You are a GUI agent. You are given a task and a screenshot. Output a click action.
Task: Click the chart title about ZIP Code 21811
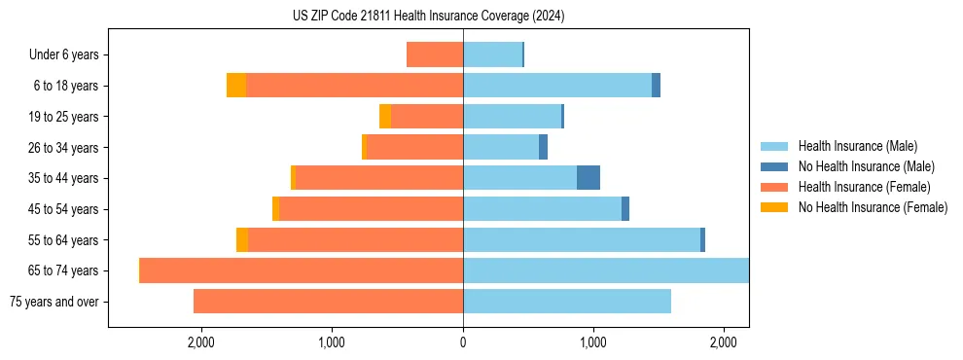pos(428,17)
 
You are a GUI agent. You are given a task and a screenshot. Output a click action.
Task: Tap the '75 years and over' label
pos(54,302)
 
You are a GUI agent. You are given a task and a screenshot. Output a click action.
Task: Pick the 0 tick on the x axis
pos(463,342)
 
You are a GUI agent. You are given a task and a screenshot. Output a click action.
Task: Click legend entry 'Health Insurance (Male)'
pos(857,146)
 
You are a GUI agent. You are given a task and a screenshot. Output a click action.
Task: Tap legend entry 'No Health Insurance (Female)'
pos(873,207)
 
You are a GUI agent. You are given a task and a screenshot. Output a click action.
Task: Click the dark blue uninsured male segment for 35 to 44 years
pos(588,178)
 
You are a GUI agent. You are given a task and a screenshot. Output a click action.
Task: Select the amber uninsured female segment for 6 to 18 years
pos(236,86)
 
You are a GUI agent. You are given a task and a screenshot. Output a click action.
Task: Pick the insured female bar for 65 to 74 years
pos(302,270)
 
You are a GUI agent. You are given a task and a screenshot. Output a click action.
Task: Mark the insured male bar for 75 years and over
pos(567,302)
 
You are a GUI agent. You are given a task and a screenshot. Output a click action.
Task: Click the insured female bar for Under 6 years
pos(435,55)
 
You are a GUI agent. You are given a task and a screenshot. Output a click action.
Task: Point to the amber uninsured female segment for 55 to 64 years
pos(242,240)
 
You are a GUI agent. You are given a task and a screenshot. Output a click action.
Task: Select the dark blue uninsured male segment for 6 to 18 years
pos(657,86)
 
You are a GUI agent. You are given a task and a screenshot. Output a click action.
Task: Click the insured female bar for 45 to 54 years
pos(371,209)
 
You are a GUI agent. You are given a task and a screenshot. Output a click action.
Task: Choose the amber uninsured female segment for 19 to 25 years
pos(385,117)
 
